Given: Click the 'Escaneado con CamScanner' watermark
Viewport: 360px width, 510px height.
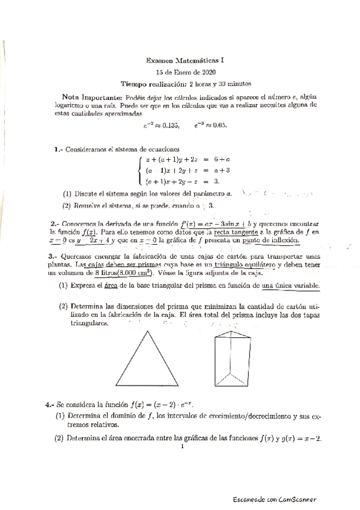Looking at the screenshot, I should pyautogui.click(x=275, y=499).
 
